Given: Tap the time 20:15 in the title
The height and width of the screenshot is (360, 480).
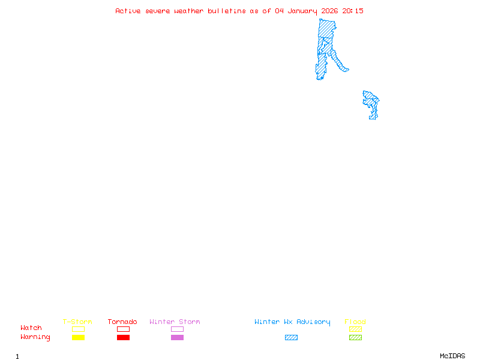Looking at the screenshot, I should coord(353,11).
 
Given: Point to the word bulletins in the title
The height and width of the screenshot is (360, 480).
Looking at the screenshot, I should coord(227,11).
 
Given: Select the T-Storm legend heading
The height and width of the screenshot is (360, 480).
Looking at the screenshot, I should coord(77,322).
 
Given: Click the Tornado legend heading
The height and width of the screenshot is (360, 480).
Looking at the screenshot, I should coord(122,322).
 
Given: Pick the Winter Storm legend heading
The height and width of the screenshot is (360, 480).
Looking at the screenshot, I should coord(175,322).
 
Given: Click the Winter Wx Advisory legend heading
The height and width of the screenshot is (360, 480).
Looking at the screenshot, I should coord(292,322).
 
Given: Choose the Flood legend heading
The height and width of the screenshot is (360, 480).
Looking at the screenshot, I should coord(355,322).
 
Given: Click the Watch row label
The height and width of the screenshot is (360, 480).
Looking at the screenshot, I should coord(31,328).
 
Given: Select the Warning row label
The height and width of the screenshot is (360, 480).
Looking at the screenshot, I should coord(35,337).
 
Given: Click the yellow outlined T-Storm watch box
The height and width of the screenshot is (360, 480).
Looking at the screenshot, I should coord(78,329).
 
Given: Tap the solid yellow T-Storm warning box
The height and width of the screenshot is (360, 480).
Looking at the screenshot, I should coord(78,338).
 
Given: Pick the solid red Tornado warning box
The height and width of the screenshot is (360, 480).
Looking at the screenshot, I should coord(123,338).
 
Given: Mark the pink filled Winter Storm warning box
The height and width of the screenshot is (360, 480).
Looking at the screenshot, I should coord(177,338).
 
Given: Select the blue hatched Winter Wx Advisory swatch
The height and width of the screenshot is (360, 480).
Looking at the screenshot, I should coord(291,338).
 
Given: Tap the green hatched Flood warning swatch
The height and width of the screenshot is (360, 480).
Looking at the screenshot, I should coord(355,338).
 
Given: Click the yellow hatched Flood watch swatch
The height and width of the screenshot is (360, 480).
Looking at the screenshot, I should coord(355,329).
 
